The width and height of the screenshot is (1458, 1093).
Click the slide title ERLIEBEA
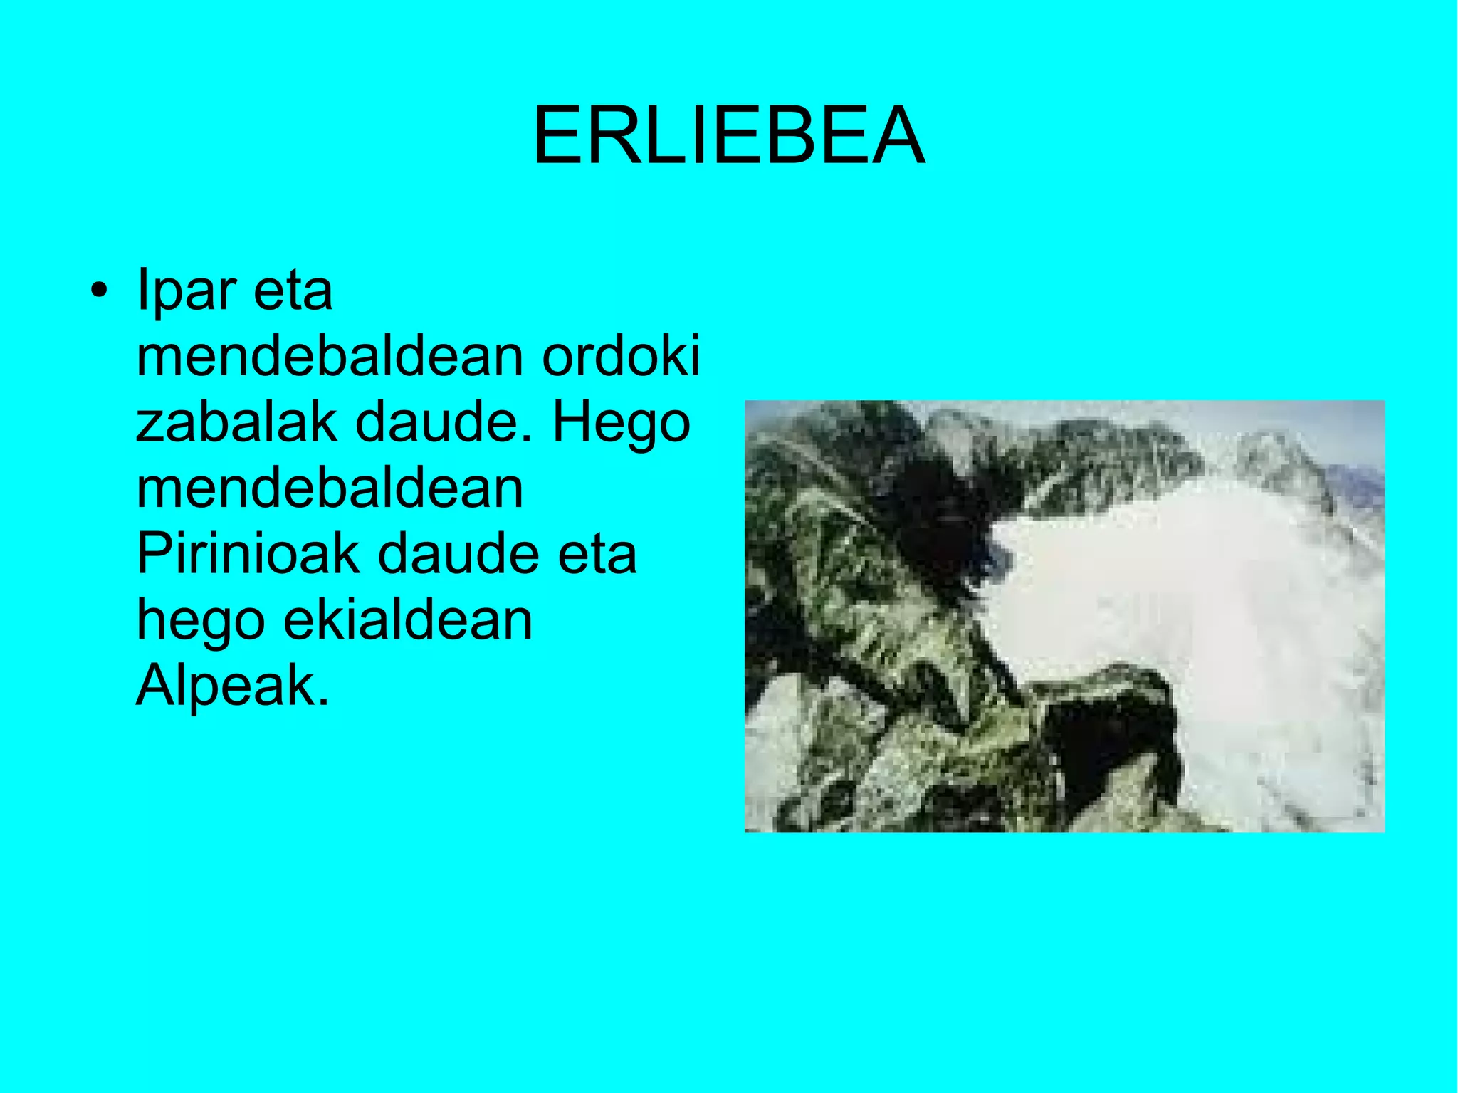pos(729,135)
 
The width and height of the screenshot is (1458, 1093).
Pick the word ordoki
pos(621,355)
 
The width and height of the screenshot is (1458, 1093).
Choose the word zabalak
pos(236,422)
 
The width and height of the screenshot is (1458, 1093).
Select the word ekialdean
pos(408,619)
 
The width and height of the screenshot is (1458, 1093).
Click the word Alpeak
pos(233,686)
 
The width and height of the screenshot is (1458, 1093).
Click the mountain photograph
pos(1064,617)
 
